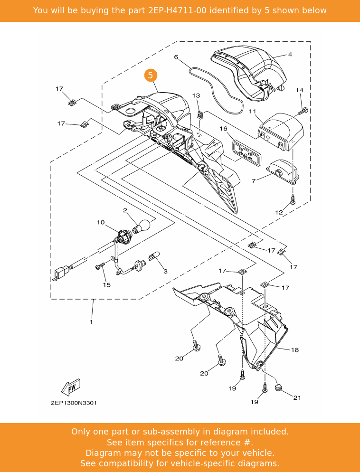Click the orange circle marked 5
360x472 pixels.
pyautogui.click(x=151, y=75)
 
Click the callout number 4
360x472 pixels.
pyautogui.click(x=290, y=55)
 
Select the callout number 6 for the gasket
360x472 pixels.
pyautogui.click(x=176, y=57)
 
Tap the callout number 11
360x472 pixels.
pyautogui.click(x=253, y=111)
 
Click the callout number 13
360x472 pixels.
pyautogui.click(x=196, y=96)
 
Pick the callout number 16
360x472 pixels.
pyautogui.click(x=223, y=129)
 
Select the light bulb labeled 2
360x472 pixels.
pyautogui.click(x=143, y=226)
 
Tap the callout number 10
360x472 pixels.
pyautogui.click(x=101, y=222)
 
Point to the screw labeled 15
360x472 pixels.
pyautogui.click(x=100, y=267)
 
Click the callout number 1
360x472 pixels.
pyautogui.click(x=91, y=322)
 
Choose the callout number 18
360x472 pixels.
pyautogui.click(x=295, y=350)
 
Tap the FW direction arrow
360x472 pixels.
pyautogui.click(x=71, y=387)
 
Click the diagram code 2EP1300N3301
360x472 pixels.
pyautogui.click(x=74, y=403)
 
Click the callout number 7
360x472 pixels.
pyautogui.click(x=254, y=181)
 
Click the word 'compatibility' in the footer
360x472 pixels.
pyautogui.click(x=135, y=463)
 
